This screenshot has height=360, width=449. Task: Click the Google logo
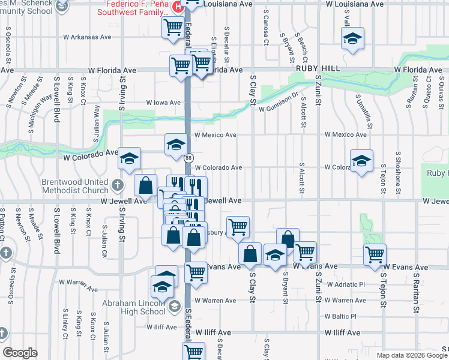click(x=20, y=353)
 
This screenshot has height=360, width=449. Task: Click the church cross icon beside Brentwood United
click(x=118, y=184)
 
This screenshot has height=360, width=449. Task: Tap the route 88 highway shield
click(x=188, y=158)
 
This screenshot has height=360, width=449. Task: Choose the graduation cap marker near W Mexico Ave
click(x=176, y=144)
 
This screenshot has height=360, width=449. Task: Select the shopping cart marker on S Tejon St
click(x=375, y=254)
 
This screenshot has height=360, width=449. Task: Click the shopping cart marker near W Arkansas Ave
click(x=173, y=27)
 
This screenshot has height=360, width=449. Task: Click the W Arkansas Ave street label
click(x=88, y=37)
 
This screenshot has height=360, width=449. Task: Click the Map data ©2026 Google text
click(x=412, y=355)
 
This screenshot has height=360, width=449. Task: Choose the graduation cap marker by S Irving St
click(x=130, y=158)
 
